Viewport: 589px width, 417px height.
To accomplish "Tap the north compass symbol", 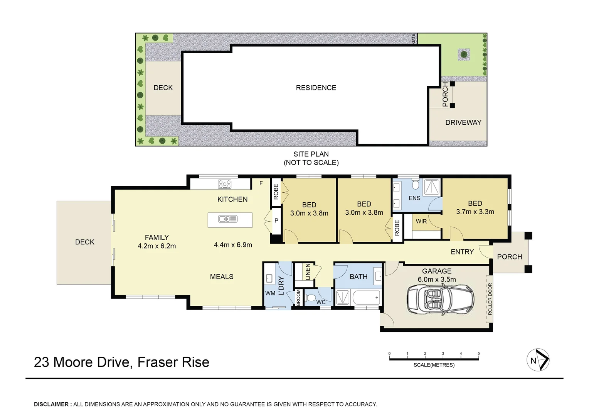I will (x=538, y=360).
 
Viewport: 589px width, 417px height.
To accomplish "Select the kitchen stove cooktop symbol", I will (x=224, y=184).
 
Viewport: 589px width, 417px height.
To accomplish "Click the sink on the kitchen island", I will (x=228, y=219).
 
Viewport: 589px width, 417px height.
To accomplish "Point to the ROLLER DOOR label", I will (x=490, y=299).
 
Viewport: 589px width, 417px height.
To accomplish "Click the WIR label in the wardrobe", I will (x=421, y=221).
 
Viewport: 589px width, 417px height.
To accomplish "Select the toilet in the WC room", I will (x=310, y=298).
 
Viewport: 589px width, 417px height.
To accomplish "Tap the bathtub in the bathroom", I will (x=366, y=297).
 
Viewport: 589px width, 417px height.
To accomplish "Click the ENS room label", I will (x=414, y=198).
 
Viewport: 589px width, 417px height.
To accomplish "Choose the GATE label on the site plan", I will (x=414, y=39).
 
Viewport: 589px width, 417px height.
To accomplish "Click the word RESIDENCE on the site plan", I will (x=316, y=88).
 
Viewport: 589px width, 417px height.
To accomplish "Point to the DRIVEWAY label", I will (x=463, y=122).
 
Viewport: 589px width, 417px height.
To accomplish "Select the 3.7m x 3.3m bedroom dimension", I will (x=475, y=212).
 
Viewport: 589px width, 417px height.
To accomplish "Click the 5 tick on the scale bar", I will (x=478, y=354).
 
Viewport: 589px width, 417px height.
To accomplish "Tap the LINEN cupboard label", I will (x=307, y=272).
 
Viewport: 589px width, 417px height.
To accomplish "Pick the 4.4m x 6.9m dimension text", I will (x=233, y=245).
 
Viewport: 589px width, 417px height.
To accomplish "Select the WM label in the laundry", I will (x=270, y=293).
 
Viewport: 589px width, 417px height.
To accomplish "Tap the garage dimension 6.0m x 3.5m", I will (x=437, y=280).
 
